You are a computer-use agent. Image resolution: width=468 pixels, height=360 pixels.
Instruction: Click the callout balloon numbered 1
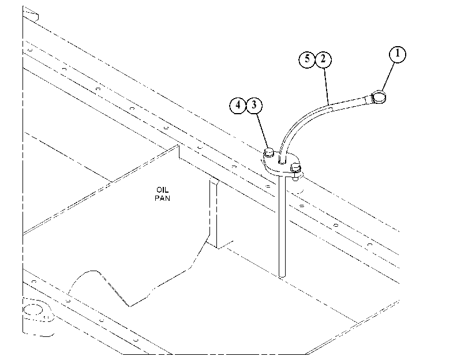pyautogui.click(x=398, y=54)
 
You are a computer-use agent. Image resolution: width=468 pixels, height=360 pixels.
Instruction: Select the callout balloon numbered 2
pyautogui.click(x=323, y=59)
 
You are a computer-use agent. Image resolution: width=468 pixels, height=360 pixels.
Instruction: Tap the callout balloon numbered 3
pyautogui.click(x=254, y=106)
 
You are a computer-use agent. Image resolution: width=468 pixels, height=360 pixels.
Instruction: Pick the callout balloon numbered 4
pyautogui.click(x=238, y=106)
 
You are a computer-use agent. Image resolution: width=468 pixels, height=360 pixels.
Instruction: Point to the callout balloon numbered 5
pyautogui.click(x=307, y=59)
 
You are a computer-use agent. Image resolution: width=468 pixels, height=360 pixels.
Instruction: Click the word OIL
pyautogui.click(x=162, y=190)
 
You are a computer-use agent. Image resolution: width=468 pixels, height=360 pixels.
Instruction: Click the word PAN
pyautogui.click(x=162, y=198)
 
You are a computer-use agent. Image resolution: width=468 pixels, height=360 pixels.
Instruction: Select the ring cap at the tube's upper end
pyautogui.click(x=379, y=97)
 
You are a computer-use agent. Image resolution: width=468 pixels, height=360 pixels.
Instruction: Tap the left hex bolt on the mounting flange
pyautogui.click(x=269, y=152)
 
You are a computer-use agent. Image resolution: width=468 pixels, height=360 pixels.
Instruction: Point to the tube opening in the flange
pyautogui.click(x=282, y=162)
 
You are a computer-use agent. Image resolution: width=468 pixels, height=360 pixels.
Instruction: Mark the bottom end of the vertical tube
pyautogui.click(x=282, y=276)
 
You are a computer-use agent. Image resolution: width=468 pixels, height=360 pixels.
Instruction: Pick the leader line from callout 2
pyautogui.click(x=327, y=86)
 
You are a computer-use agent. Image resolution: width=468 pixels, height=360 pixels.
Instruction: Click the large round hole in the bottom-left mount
pyautogui.click(x=33, y=310)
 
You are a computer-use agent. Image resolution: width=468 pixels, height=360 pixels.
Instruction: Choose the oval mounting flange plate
pyautogui.click(x=282, y=164)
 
